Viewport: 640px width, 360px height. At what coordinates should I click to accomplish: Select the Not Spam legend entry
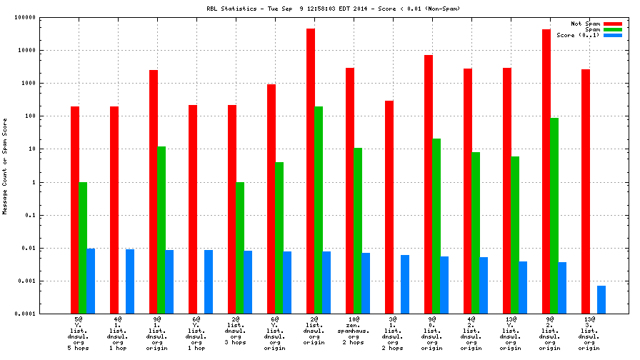click(585, 24)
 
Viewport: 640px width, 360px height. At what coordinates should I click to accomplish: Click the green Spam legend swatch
click(612, 29)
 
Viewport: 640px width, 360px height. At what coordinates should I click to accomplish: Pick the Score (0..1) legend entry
click(578, 35)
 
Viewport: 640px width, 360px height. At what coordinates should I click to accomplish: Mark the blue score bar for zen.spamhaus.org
click(366, 283)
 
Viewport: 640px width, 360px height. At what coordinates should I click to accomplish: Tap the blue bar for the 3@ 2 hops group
click(405, 284)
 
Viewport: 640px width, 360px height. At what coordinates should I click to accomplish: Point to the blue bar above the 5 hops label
click(91, 281)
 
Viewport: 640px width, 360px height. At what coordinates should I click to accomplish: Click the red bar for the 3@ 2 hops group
click(389, 207)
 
